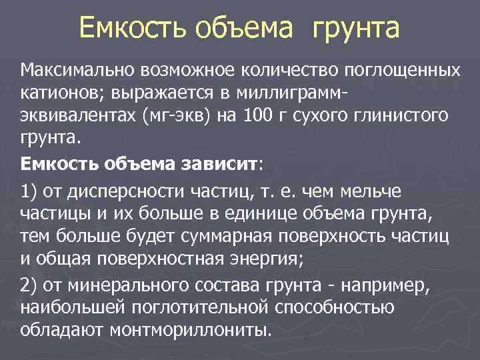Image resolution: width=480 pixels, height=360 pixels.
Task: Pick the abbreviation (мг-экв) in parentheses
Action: [183, 117]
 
